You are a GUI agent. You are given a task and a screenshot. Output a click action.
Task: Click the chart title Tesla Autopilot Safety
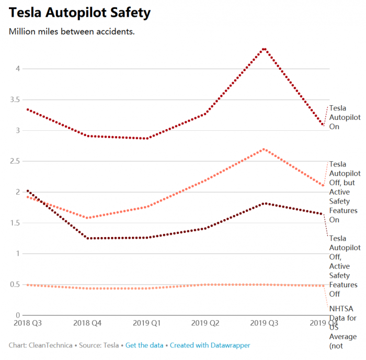tap(79, 13)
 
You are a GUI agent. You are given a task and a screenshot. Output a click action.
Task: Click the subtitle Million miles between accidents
tap(72, 32)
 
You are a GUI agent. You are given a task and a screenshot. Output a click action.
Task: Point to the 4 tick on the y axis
tap(17, 69)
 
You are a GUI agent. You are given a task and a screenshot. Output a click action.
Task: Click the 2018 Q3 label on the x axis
tap(27, 323)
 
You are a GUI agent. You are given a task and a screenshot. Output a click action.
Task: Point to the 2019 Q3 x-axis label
tap(265, 323)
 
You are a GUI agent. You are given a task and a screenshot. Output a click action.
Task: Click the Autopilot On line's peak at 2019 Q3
tap(265, 49)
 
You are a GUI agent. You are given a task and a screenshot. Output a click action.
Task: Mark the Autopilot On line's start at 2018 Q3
tap(27, 109)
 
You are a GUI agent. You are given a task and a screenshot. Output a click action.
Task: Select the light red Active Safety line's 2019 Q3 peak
tap(265, 149)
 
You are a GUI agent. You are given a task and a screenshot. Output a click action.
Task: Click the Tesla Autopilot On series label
tap(345, 117)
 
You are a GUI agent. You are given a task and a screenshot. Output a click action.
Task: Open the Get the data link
tap(144, 345)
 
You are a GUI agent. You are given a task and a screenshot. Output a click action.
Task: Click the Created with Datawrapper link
tap(210, 345)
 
